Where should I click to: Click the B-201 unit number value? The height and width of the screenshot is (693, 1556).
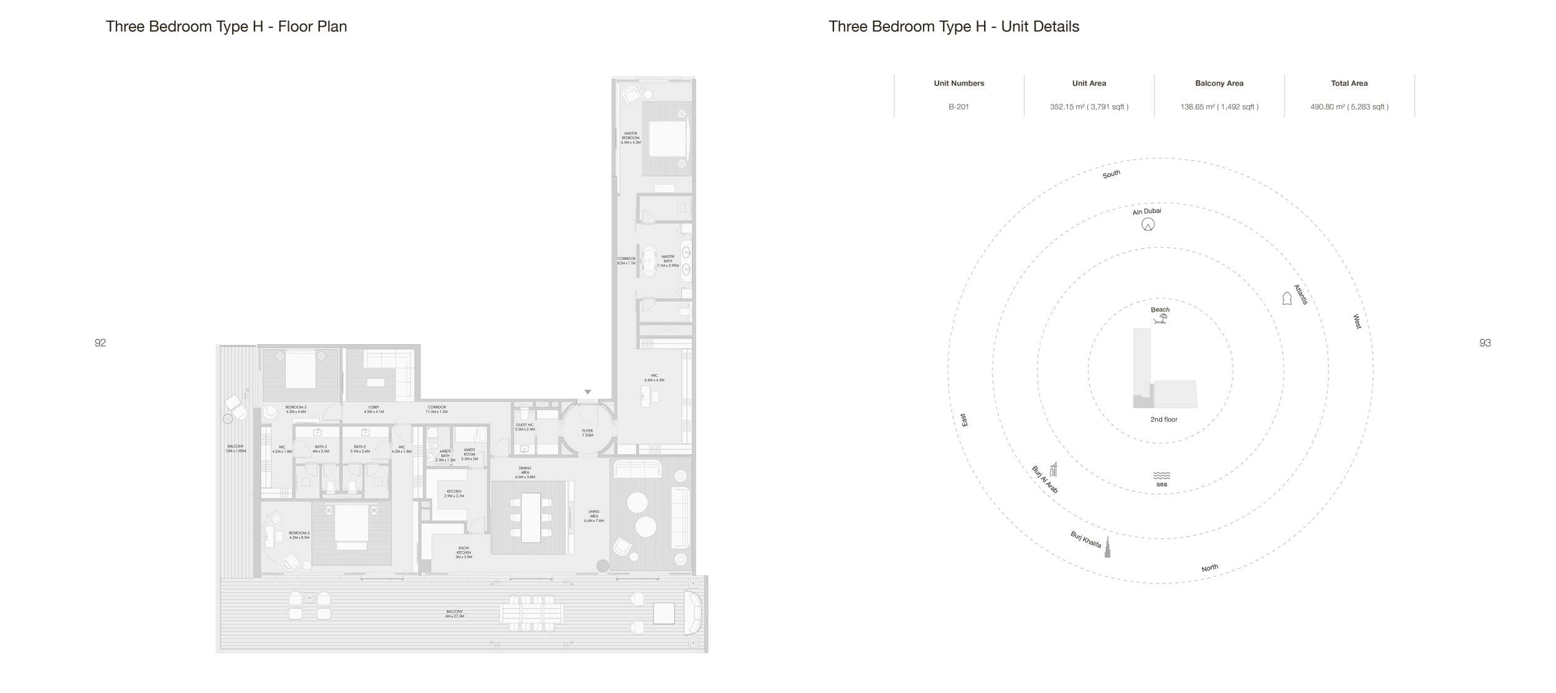958,107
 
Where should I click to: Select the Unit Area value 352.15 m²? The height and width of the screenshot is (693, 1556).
1089,107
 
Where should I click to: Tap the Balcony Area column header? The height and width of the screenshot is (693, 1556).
1219,83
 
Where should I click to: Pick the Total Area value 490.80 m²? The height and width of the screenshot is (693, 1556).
1349,107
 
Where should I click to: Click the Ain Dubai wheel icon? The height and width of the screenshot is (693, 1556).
1148,225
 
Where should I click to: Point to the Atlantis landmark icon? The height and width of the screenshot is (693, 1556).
1287,299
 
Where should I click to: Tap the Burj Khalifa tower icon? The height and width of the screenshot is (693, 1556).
1107,547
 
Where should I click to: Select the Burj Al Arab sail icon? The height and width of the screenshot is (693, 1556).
1053,469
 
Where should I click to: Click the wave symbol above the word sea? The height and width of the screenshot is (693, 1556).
1161,475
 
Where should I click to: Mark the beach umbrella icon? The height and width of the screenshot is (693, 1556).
1160,319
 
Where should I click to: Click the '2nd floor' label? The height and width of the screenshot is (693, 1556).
1163,420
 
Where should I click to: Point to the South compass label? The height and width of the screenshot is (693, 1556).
1111,174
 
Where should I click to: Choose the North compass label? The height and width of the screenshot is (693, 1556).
1209,568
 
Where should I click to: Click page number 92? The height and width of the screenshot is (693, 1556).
100,343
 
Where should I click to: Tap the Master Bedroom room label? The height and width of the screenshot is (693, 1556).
630,137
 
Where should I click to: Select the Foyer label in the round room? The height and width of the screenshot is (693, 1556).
588,432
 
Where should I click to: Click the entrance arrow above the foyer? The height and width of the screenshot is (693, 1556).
588,392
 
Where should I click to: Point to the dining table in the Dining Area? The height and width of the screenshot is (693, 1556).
531,518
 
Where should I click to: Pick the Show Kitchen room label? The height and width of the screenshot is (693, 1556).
464,552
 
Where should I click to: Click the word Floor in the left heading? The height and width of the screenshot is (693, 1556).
294,27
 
